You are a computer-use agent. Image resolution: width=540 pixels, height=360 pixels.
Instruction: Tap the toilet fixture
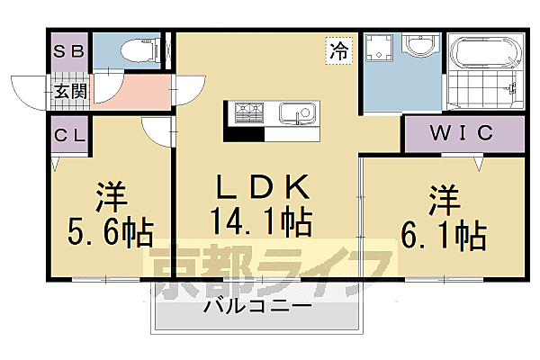pyautogui.click(x=128, y=50)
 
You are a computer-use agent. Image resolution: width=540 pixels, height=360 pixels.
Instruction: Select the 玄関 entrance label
pyautogui.click(x=68, y=91)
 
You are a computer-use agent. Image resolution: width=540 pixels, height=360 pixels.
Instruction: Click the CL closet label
pyautogui.click(x=68, y=136)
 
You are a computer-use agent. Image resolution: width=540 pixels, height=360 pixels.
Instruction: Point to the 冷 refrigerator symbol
pyautogui.click(x=339, y=51)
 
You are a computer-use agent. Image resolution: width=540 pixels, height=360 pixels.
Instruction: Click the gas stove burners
pyautogui.click(x=248, y=113)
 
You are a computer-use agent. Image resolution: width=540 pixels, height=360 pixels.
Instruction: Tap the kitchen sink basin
pyautogui.click(x=296, y=115)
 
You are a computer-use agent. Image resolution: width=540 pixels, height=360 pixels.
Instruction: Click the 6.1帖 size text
pyautogui.click(x=443, y=235)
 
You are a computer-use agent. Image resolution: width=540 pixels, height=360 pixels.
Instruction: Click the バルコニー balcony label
pyautogui.click(x=256, y=307)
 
